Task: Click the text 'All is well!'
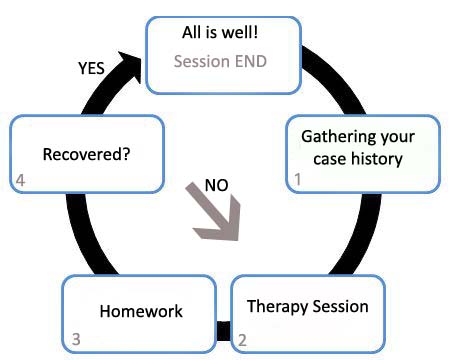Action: click(220, 32)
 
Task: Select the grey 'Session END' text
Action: click(220, 61)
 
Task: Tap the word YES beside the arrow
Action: click(91, 68)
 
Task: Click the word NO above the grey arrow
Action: click(217, 185)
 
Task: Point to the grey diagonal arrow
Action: click(215, 213)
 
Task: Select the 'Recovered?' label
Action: click(86, 154)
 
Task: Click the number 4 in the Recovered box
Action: click(20, 180)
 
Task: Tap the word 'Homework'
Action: click(141, 311)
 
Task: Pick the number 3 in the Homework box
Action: click(76, 339)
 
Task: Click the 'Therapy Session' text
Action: click(308, 307)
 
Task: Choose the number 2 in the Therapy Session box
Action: click(242, 340)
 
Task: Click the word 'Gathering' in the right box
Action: click(335, 137)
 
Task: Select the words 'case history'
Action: click(358, 159)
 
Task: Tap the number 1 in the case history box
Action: click(298, 179)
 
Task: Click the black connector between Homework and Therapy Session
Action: click(223, 331)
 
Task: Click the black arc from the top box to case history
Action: click(338, 78)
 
